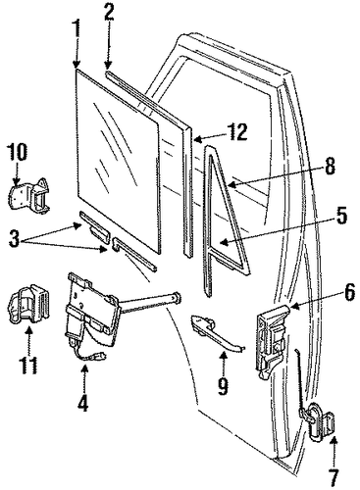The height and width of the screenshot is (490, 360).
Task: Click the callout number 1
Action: click(x=77, y=29)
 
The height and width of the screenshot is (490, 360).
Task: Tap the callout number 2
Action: click(x=108, y=11)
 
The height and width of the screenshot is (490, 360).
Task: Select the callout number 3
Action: click(x=15, y=240)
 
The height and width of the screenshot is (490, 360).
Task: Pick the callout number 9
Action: click(x=223, y=385)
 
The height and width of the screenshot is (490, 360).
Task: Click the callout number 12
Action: click(x=237, y=131)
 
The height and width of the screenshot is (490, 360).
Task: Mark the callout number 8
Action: click(x=330, y=166)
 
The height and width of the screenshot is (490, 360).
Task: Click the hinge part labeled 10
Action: click(x=30, y=196)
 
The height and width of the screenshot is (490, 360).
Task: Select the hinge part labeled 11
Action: click(x=28, y=303)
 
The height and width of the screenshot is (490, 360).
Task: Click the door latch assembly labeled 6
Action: click(x=273, y=341)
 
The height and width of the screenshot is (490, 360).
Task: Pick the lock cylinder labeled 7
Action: click(x=318, y=420)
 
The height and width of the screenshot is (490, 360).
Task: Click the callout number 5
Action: click(x=340, y=216)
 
